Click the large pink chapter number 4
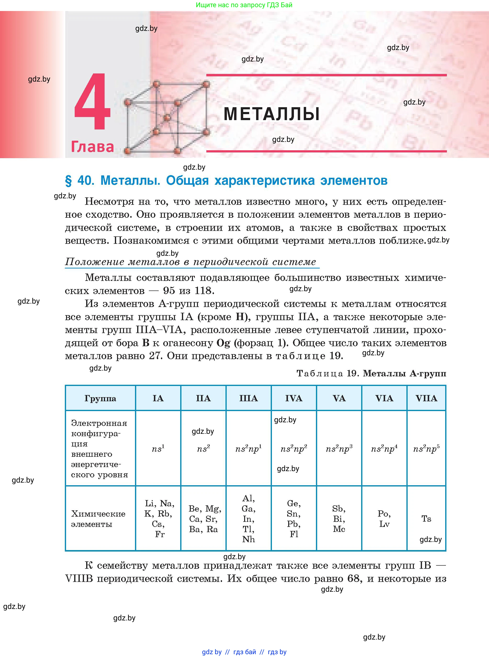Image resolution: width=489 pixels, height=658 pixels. [x=92, y=102]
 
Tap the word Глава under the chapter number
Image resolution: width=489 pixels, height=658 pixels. [x=92, y=147]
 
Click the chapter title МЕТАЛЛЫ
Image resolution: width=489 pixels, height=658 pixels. [x=271, y=114]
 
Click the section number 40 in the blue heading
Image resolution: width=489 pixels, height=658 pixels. [x=85, y=180]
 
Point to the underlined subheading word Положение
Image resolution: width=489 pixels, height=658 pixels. [x=90, y=262]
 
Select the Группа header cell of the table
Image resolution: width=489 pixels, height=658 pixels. [x=100, y=398]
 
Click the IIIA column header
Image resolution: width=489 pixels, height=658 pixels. [x=249, y=398]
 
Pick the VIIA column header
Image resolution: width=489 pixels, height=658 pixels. [x=426, y=398]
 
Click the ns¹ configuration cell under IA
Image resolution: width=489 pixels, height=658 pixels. [x=158, y=449]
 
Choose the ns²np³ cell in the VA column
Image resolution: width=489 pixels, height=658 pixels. [x=339, y=449]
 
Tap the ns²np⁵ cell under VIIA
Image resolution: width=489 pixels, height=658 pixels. [x=426, y=449]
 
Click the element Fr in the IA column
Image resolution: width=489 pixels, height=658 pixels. [x=160, y=534]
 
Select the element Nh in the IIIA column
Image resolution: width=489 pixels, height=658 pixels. [x=249, y=539]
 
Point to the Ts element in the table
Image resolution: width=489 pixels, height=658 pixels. [x=426, y=519]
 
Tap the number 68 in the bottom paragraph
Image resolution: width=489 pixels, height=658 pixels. [x=354, y=578]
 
